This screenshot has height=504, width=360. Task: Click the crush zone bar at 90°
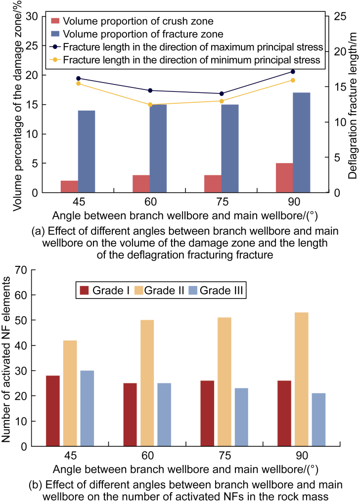[284, 178]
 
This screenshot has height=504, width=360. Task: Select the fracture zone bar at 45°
[87, 151]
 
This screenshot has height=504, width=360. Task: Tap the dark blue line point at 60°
[150, 90]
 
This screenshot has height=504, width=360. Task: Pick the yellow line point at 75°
[222, 101]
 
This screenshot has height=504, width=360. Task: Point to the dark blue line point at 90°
[293, 72]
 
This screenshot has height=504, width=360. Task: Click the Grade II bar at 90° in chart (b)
[302, 379]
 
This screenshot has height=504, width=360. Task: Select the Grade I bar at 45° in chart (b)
[53, 411]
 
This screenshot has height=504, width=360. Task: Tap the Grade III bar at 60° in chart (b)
[164, 415]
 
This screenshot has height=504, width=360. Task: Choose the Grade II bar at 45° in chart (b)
[70, 393]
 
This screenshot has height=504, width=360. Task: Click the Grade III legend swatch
[193, 291]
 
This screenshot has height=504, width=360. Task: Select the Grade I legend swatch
[84, 291]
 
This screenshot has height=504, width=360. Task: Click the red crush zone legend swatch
[55, 21]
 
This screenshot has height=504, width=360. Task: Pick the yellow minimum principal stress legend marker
[55, 60]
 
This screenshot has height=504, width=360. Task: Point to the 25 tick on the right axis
[340, 16]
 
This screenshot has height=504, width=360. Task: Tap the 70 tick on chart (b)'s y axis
[21, 270]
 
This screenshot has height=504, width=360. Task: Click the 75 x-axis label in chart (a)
[222, 202]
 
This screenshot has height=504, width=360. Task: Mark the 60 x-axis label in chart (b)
[148, 456]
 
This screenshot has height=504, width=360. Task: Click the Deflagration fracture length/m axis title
[353, 106]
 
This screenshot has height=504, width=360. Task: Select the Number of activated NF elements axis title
[6, 359]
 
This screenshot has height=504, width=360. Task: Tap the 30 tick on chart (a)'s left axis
[32, 16]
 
